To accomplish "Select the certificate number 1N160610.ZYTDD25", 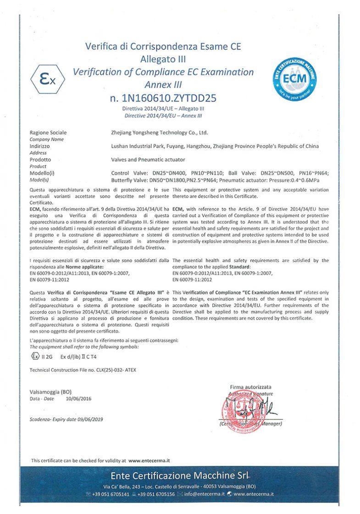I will tap(163, 98).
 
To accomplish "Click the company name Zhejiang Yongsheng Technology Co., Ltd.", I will tap(160, 133).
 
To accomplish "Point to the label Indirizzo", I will tap(39, 146).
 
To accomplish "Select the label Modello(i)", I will tap(42, 173).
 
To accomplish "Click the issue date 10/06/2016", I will tap(79, 399).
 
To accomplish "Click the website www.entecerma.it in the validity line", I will tap(150, 460).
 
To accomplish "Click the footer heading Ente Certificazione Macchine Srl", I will tap(180, 474).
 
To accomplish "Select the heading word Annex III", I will tap(163, 84).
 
